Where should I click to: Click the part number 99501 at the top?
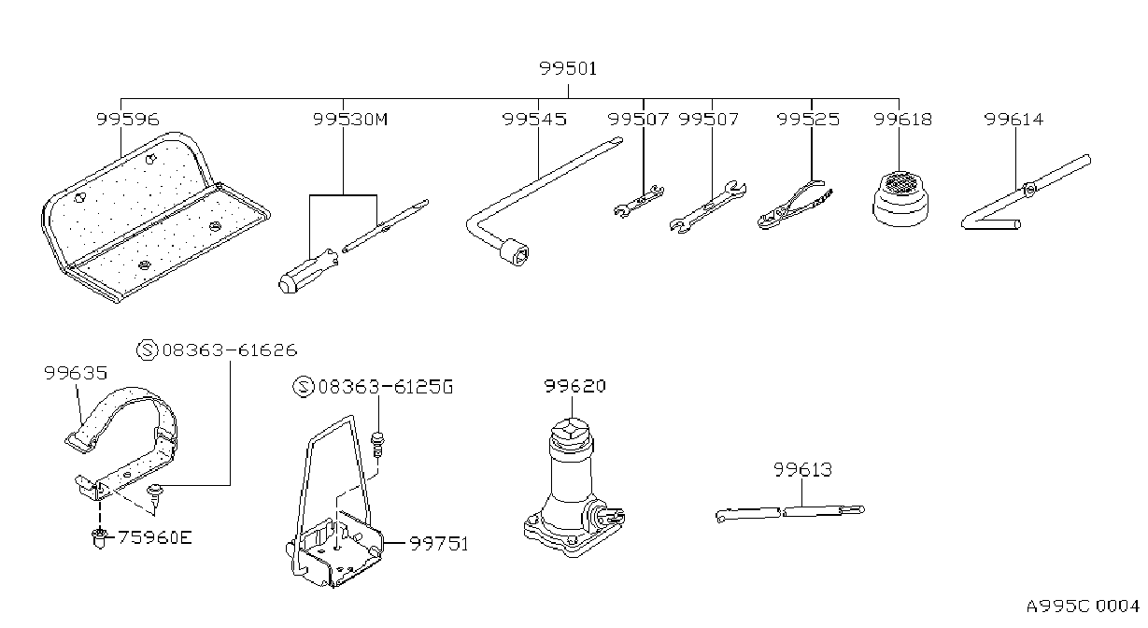pyautogui.click(x=568, y=68)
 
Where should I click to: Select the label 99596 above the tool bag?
pyautogui.click(x=128, y=119)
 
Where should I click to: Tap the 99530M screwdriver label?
pyautogui.click(x=350, y=119)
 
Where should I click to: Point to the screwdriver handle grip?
pyautogui.click(x=307, y=271)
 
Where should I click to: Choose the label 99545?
pyautogui.click(x=534, y=119)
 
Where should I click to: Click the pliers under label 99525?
pyautogui.click(x=794, y=205)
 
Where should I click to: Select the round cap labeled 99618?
pyautogui.click(x=900, y=199)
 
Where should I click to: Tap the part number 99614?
pyautogui.click(x=1013, y=119)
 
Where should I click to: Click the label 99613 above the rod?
pyautogui.click(x=802, y=469)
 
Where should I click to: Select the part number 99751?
pyautogui.click(x=439, y=543)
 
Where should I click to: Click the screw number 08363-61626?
pyautogui.click(x=230, y=350)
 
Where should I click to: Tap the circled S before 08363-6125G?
pyautogui.click(x=303, y=387)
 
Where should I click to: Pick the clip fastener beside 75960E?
pyautogui.click(x=99, y=537)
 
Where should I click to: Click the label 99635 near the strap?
pyautogui.click(x=76, y=373)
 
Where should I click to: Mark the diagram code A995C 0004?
pyautogui.click(x=1083, y=606)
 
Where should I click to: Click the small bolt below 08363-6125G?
pyautogui.click(x=377, y=444)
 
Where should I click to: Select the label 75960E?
pyautogui.click(x=155, y=537)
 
